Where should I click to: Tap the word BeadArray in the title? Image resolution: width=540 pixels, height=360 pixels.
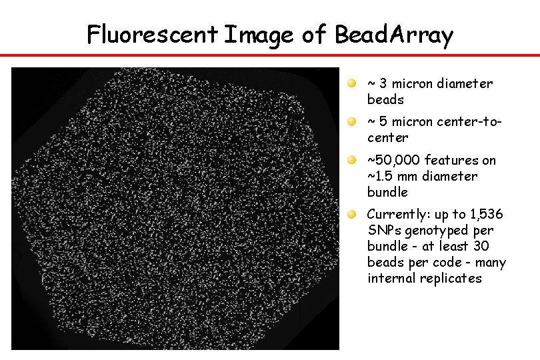click(393, 34)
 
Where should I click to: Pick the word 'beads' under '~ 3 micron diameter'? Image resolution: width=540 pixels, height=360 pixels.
click(385, 100)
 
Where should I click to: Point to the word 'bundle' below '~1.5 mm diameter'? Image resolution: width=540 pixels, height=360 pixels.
click(387, 193)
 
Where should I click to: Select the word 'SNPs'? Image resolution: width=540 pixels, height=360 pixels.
click(383, 231)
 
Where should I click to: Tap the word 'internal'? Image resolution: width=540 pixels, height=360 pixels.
click(392, 279)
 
